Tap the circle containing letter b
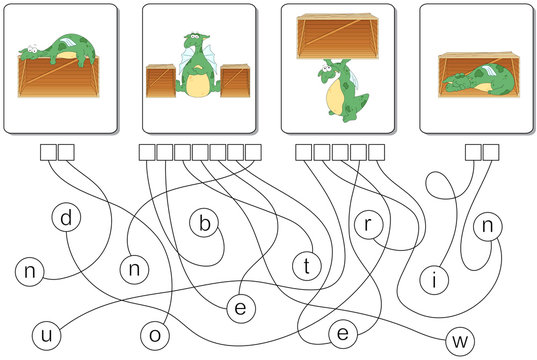[204, 225]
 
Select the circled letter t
[306, 265]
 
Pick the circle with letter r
[368, 226]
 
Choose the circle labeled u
[46, 333]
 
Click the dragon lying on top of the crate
[60, 49]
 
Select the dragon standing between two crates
[197, 69]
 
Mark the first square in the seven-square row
[146, 152]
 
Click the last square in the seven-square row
[253, 152]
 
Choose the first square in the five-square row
[305, 152]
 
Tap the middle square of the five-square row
[341, 152]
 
